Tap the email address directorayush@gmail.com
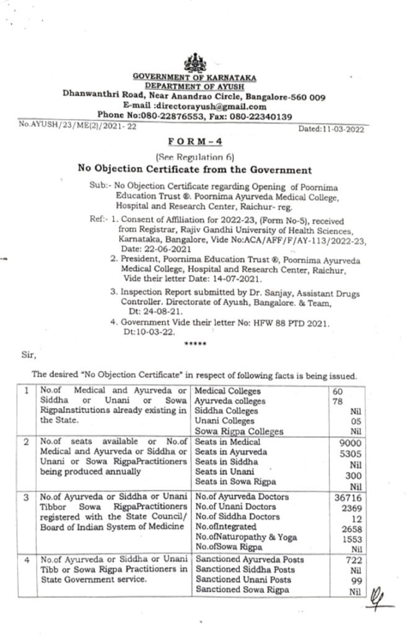pyautogui.click(x=211, y=105)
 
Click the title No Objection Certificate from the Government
pyautogui.click(x=194, y=169)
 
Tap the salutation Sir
pyautogui.click(x=30, y=356)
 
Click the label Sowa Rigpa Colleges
pyautogui.click(x=230, y=431)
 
